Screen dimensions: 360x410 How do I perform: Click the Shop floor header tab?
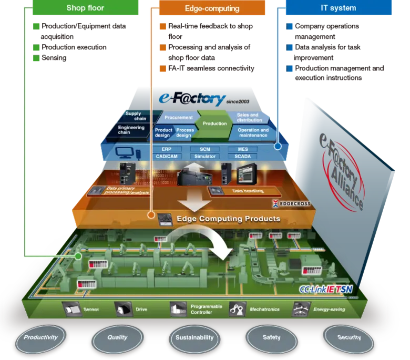pyautogui.click(x=85, y=8)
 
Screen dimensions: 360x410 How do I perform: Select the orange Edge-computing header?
pyautogui.click(x=212, y=8)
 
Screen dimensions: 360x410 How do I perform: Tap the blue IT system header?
pyautogui.click(x=338, y=8)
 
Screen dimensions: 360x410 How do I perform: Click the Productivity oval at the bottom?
pyautogui.click(x=40, y=337)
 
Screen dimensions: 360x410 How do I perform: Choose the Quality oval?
pyautogui.click(x=117, y=337)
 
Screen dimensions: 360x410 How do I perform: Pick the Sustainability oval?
pyautogui.click(x=194, y=337)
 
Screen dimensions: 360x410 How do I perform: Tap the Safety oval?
pyautogui.click(x=271, y=337)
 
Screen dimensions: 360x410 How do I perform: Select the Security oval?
pyautogui.click(x=349, y=337)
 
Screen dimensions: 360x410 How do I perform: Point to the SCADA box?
pyautogui.click(x=243, y=156)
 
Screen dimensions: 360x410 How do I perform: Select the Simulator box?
pyautogui.click(x=204, y=156)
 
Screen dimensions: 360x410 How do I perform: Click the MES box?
pyautogui.click(x=243, y=149)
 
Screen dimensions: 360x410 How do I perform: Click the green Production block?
pyautogui.click(x=214, y=124)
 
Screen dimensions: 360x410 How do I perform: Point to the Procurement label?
pyautogui.click(x=178, y=117)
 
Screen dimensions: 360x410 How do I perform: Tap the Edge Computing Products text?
pyautogui.click(x=228, y=218)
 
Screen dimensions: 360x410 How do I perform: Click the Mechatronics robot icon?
pyautogui.click(x=237, y=310)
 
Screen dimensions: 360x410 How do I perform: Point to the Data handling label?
pyautogui.click(x=248, y=191)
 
